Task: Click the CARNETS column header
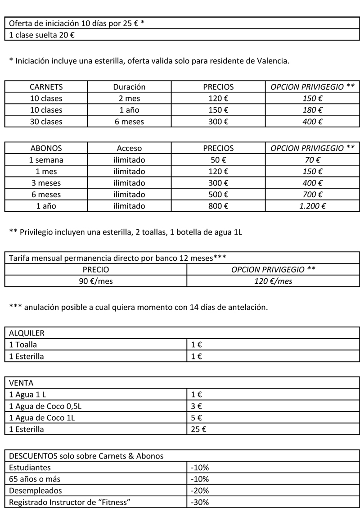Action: [x=46, y=87]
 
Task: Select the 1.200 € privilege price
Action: [x=312, y=206]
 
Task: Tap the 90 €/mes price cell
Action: [x=95, y=281]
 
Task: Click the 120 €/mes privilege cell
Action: [x=273, y=281]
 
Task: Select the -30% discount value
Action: [x=199, y=502]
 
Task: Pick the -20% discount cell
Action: [x=199, y=490]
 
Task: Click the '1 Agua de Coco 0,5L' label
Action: [x=45, y=406]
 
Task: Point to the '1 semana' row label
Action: [x=46, y=159]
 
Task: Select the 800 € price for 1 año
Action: [x=218, y=206]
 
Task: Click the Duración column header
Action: [x=129, y=87]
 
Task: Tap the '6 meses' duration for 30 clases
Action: [x=129, y=122]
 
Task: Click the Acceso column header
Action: [x=129, y=148]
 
